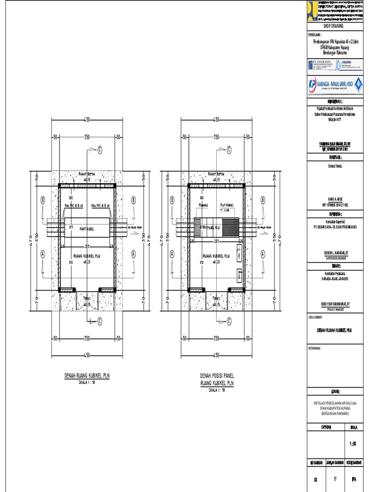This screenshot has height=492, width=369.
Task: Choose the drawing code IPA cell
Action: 354,479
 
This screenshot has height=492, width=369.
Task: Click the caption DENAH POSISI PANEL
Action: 216,376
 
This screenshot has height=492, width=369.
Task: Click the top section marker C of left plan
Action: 100,149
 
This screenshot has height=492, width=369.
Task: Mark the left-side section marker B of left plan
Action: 43,199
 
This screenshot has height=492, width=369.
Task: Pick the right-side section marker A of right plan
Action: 263,253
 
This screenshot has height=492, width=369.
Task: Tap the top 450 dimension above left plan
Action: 87,119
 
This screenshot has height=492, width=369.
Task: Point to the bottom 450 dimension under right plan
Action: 216,355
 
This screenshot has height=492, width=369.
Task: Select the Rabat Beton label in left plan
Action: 87,174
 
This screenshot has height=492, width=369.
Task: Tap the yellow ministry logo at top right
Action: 312,10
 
